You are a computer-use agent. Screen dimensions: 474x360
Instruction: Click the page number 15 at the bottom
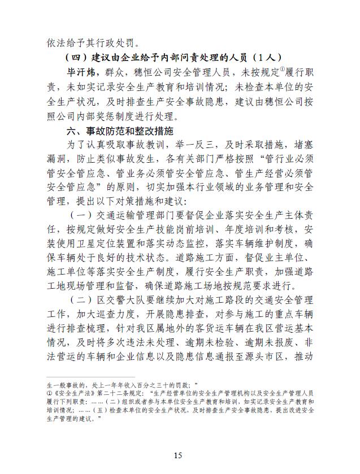(180, 455)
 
